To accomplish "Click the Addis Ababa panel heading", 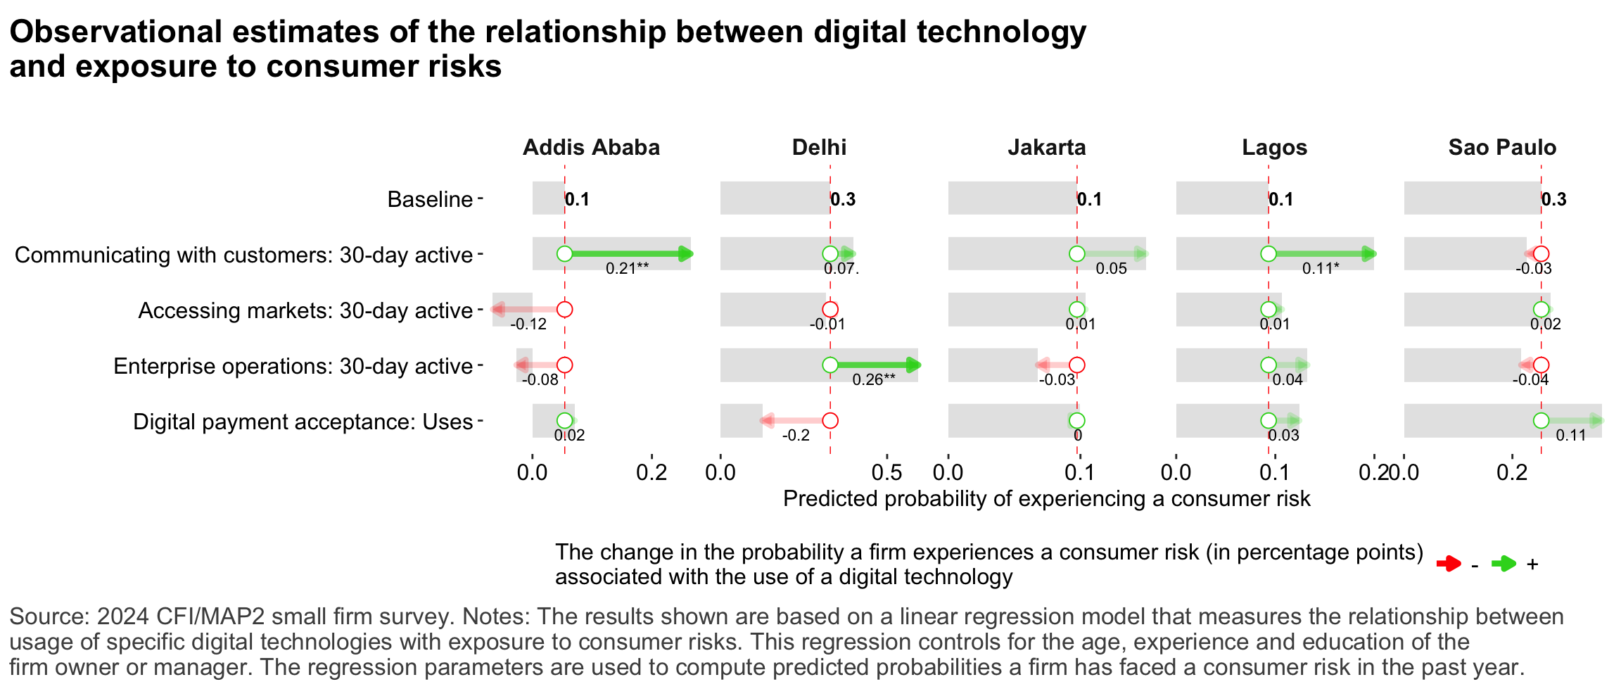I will click(x=591, y=147).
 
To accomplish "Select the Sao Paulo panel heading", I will click(x=1502, y=147).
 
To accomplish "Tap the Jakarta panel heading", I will click(x=1047, y=147).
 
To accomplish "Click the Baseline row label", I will click(x=430, y=199).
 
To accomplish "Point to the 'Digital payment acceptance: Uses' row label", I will click(x=303, y=422).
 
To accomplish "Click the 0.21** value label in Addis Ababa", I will click(x=627, y=268).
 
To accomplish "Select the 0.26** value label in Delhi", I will click(x=874, y=379).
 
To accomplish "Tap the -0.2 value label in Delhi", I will click(x=796, y=435).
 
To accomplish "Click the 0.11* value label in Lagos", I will click(x=1321, y=268).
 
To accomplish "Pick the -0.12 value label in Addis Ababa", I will click(x=528, y=324).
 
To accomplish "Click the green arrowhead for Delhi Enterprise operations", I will click(x=913, y=365).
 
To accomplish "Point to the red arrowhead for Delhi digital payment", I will click(x=767, y=421).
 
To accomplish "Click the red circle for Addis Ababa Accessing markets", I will click(x=564, y=309).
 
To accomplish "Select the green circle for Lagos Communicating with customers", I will click(x=1269, y=253).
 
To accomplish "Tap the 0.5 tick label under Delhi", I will click(x=886, y=472).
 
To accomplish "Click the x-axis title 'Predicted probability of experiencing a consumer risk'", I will click(x=1046, y=498).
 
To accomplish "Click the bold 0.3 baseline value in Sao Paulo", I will click(x=1553, y=199).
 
